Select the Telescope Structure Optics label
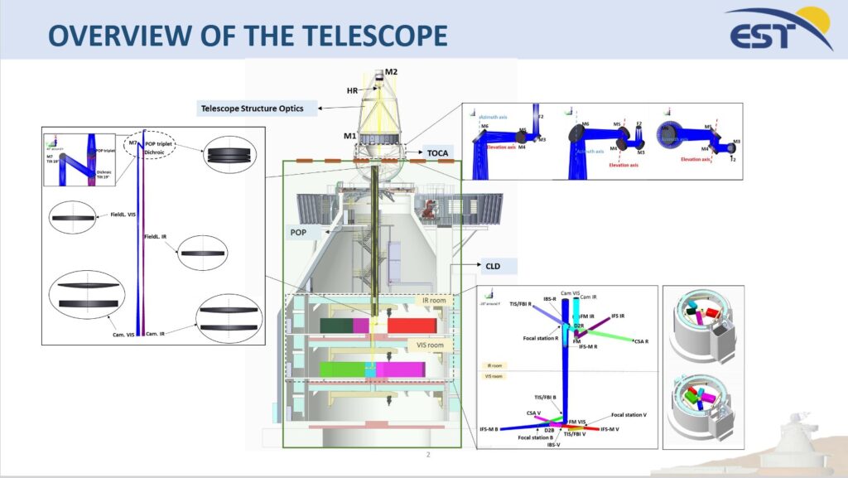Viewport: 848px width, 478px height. tap(252, 108)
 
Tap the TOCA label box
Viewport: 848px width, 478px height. tap(437, 153)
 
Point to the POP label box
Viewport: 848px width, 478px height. tap(298, 233)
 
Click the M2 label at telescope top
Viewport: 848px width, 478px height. tap(392, 72)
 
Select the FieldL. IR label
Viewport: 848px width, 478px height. tap(155, 237)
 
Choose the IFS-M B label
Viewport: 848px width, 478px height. tap(489, 429)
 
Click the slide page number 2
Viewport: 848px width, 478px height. tap(428, 455)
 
